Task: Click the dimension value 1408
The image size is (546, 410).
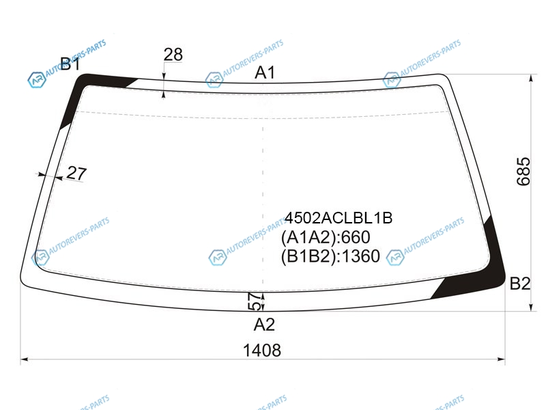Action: pos(262,350)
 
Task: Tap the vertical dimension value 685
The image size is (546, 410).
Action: pos(523,172)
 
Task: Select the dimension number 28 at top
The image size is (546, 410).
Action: pos(173,55)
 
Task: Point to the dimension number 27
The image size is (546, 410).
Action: pos(76,173)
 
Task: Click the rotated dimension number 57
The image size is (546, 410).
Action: pos(255,301)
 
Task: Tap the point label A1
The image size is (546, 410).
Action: pos(265,73)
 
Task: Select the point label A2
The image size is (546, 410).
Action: pos(264,325)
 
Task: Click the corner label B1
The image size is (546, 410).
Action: pos(70,64)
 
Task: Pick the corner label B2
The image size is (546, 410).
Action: pos(520,284)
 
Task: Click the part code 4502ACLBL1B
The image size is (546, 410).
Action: pos(339,218)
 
